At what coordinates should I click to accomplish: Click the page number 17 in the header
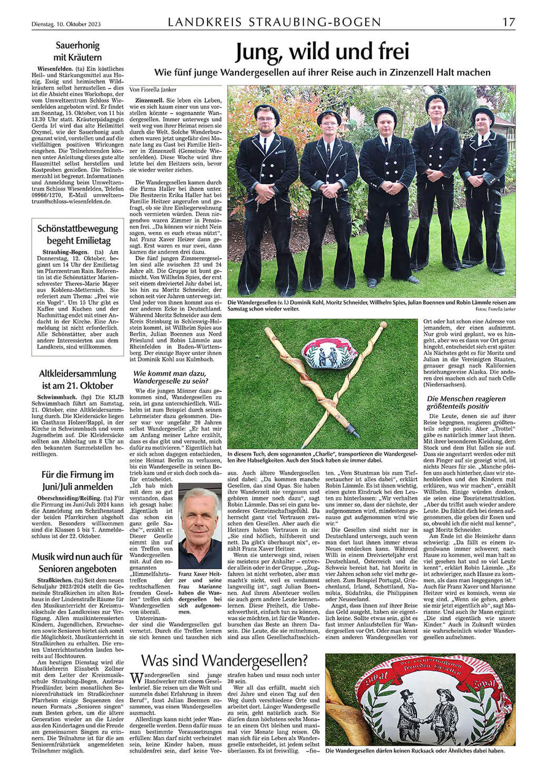tap(508, 22)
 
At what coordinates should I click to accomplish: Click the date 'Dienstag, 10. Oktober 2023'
tap(64, 24)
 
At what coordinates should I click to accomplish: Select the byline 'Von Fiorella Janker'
tap(153, 90)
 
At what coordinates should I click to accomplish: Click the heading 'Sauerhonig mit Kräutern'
tap(77, 52)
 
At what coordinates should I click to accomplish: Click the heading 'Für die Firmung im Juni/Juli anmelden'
tap(77, 480)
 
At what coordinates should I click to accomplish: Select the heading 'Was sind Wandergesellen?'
tap(225, 660)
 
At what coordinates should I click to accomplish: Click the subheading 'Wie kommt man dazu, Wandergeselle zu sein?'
tap(168, 377)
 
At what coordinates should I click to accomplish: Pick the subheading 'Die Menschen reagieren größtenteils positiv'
tap(466, 402)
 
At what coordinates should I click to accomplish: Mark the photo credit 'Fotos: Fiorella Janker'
tap(494, 310)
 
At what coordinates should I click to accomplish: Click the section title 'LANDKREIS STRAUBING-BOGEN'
tap(274, 22)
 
